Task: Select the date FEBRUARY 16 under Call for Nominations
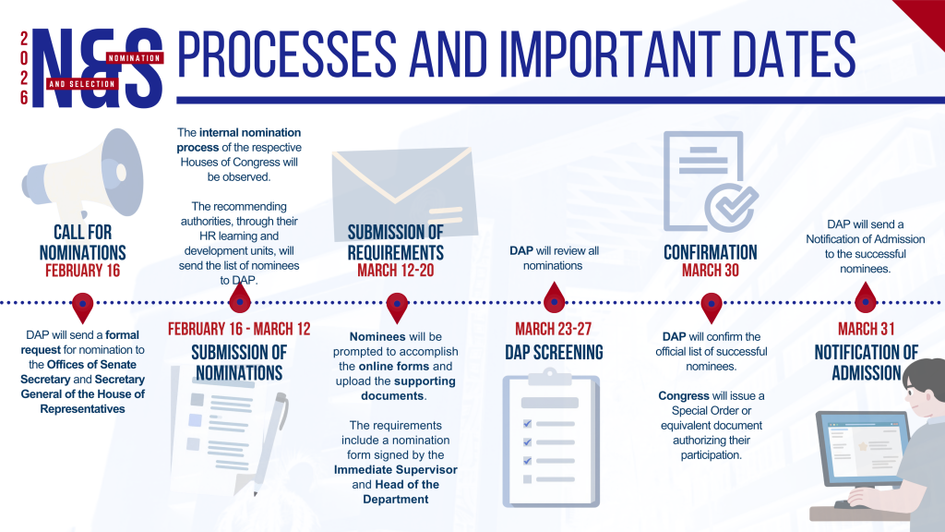pos(82,272)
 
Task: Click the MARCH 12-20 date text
pos(396,272)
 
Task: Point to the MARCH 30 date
pos(711,271)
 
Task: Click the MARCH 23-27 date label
pos(553,330)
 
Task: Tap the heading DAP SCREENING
pos(553,351)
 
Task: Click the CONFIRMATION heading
pos(711,252)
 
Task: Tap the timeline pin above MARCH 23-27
pos(554,298)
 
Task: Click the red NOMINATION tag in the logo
pos(135,58)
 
